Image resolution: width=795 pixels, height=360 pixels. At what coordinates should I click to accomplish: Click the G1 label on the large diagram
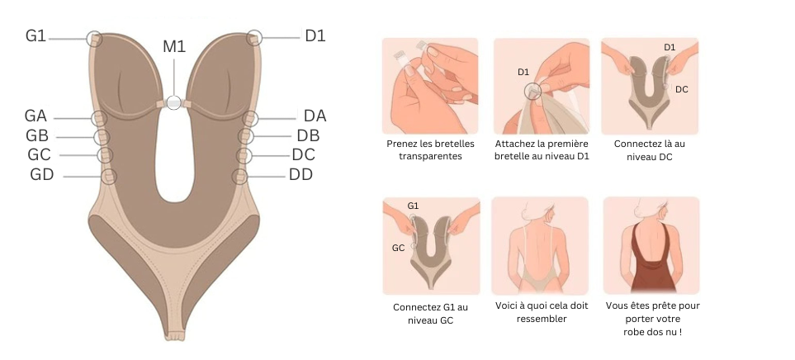tap(35, 36)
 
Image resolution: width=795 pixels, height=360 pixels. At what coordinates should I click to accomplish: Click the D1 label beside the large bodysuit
tap(315, 36)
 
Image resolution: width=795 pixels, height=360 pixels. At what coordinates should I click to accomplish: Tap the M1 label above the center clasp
tap(173, 46)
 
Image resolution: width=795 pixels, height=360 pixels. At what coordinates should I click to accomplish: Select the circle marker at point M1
tap(173, 102)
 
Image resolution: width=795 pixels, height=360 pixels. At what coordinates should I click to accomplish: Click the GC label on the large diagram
tap(39, 154)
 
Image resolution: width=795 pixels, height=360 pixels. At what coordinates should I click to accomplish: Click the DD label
tap(300, 174)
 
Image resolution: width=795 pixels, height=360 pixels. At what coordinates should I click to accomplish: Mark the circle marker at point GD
tap(108, 176)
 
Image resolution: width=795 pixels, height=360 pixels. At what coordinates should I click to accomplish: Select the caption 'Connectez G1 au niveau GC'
tap(430, 313)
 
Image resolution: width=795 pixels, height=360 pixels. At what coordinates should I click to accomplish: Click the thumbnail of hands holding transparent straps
tap(430, 85)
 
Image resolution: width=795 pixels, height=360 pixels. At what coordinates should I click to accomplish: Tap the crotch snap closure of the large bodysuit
tap(175, 334)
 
